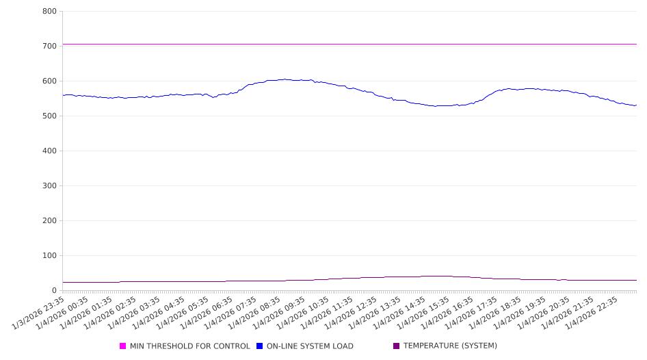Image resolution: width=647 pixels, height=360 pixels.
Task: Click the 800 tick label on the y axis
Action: pyautogui.click(x=49, y=12)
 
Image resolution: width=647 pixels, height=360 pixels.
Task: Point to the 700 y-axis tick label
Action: pyautogui.click(x=49, y=47)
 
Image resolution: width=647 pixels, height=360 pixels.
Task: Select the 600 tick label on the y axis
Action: pyautogui.click(x=49, y=81)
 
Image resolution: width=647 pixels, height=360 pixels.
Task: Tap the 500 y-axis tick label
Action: pyautogui.click(x=49, y=116)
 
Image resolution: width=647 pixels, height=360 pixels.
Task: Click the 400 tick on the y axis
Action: pyautogui.click(x=49, y=151)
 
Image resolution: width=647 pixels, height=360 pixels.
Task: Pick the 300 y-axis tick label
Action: pyautogui.click(x=49, y=186)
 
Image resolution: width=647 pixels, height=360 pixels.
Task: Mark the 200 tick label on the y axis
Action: pyautogui.click(x=49, y=221)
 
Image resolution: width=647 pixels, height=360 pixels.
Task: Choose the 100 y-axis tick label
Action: pyautogui.click(x=49, y=256)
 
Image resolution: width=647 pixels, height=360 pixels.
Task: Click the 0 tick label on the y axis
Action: pyautogui.click(x=53, y=291)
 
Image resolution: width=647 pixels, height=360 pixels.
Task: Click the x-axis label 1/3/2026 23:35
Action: pyautogui.click(x=40, y=312)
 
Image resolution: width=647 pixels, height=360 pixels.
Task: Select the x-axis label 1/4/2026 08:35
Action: pyautogui.click(x=256, y=312)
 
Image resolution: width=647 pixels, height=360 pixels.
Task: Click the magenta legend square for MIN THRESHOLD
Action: pyautogui.click(x=123, y=346)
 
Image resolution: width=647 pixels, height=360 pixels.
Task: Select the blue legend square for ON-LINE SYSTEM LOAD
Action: pyautogui.click(x=260, y=346)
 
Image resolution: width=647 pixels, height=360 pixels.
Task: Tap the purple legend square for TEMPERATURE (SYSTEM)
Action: pyautogui.click(x=397, y=346)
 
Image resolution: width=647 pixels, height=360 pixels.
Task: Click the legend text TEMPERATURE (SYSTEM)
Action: pyautogui.click(x=450, y=346)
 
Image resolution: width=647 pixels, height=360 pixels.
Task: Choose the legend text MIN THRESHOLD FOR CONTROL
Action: pyautogui.click(x=190, y=346)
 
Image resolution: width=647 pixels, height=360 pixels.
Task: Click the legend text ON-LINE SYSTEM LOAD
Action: pyautogui.click(x=310, y=346)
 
